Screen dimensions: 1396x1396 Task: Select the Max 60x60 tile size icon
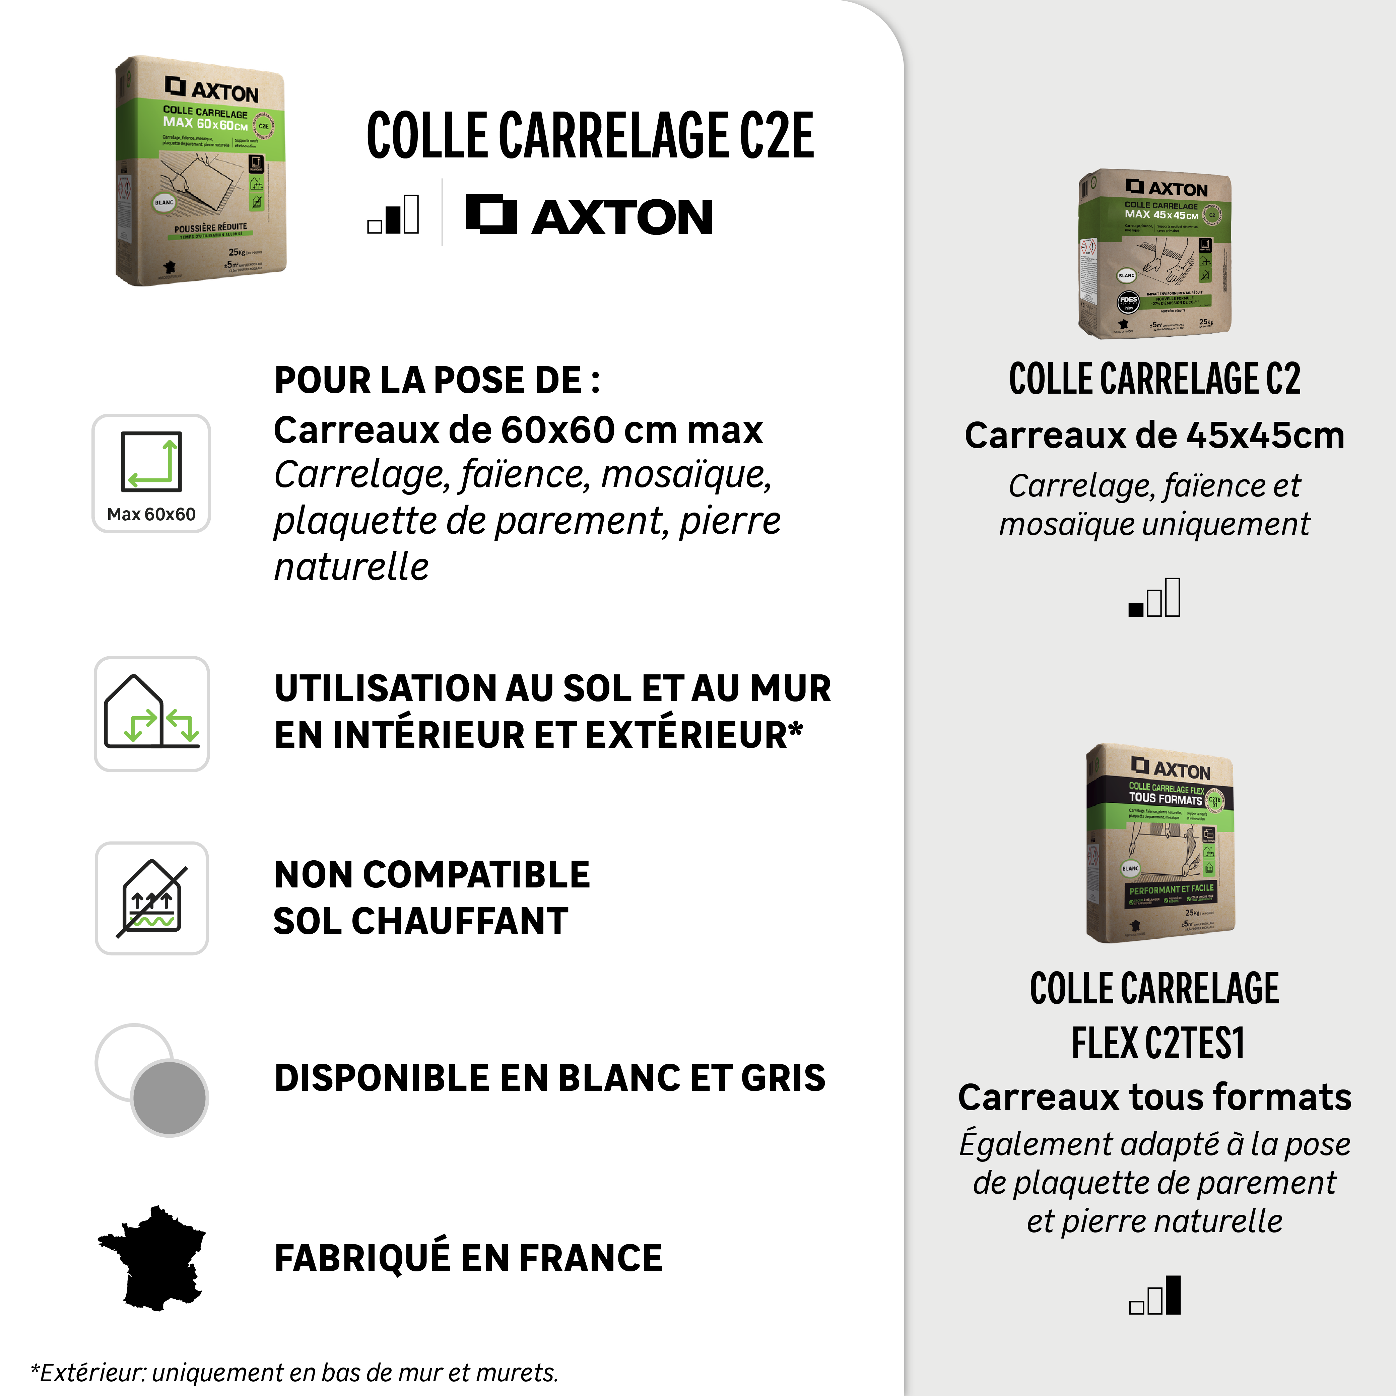pos(151,473)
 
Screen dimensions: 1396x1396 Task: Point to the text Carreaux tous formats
pos(1154,1097)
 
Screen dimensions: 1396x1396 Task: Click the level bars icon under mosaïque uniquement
pos(1154,598)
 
